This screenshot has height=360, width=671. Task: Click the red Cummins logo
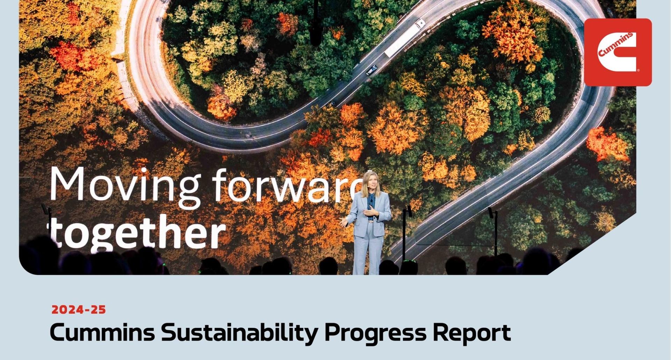618,52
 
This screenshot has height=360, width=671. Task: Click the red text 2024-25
79,310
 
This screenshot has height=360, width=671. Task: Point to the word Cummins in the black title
102,332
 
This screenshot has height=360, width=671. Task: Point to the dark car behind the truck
371,70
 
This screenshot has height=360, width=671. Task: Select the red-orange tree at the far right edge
608,144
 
